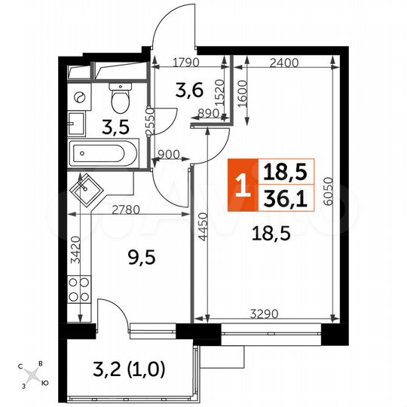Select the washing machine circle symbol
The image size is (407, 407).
pos(78,97)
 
